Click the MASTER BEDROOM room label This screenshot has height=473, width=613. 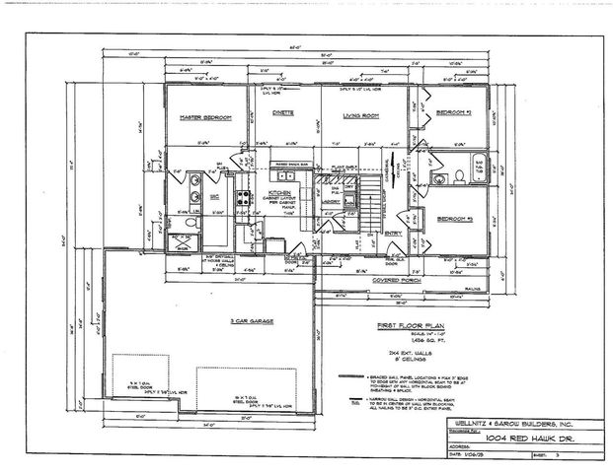click(x=204, y=117)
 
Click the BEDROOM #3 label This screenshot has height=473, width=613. click(x=457, y=218)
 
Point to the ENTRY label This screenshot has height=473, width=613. click(x=393, y=233)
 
